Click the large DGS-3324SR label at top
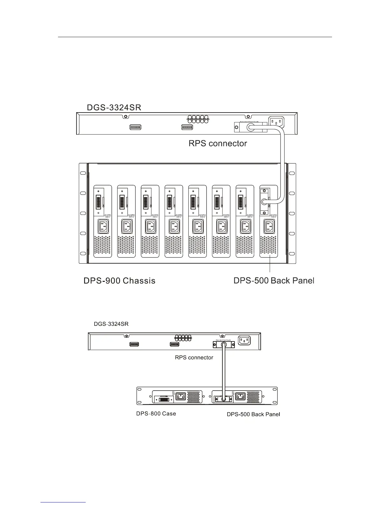pyautogui.click(x=114, y=107)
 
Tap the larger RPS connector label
pyautogui.click(x=218, y=143)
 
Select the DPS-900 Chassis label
pyautogui.click(x=119, y=281)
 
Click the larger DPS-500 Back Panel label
pyautogui.click(x=274, y=281)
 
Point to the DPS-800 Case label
pyautogui.click(x=156, y=414)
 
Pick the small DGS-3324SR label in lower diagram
pyautogui.click(x=111, y=324)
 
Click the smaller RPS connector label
pyautogui.click(x=194, y=357)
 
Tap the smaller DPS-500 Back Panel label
pyautogui.click(x=253, y=414)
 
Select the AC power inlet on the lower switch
pyautogui.click(x=244, y=340)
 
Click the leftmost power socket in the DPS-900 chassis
pyautogui.click(x=103, y=227)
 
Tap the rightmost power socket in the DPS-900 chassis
pyautogui.click(x=268, y=227)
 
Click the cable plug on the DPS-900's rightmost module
pyautogui.click(x=264, y=201)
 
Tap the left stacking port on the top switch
pyautogui.click(x=135, y=127)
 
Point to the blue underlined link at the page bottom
pyautogui.click(x=63, y=502)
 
